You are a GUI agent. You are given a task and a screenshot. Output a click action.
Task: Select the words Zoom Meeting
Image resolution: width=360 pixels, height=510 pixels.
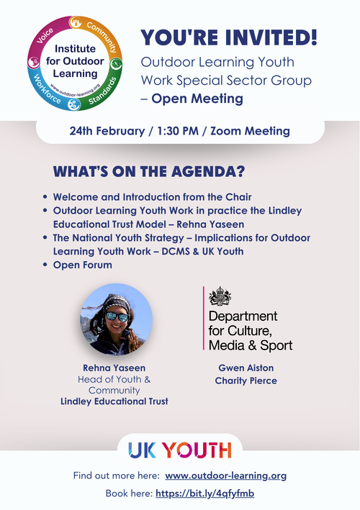pyautogui.click(x=246, y=131)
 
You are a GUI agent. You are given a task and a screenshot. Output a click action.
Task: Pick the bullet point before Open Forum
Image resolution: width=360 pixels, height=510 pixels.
pyautogui.click(x=46, y=265)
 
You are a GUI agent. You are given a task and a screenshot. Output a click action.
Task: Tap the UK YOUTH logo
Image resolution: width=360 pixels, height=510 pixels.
pyautogui.click(x=180, y=450)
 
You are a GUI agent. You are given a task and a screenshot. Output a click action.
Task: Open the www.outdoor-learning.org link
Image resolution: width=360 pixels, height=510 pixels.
pyautogui.click(x=226, y=476)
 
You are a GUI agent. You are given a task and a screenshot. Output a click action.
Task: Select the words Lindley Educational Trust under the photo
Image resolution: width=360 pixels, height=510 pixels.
pyautogui.click(x=114, y=401)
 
